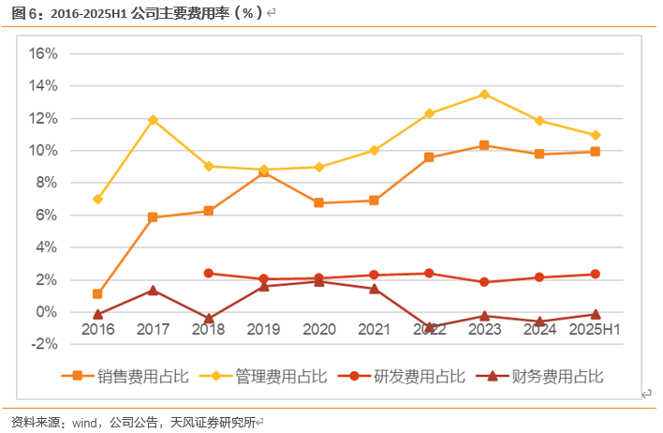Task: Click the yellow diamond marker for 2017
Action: click(153, 120)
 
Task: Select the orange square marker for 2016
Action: click(97, 294)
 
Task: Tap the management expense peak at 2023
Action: click(484, 94)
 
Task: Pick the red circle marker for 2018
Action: click(208, 274)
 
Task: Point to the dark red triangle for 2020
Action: click(318, 281)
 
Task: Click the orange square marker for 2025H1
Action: click(595, 151)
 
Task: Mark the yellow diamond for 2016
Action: click(97, 200)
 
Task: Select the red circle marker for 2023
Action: click(484, 282)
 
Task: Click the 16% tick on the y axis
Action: click(43, 53)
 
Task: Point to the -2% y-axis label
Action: click(43, 344)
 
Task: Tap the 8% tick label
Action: click(47, 183)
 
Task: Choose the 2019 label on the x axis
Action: click(263, 330)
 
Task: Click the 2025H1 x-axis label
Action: click(595, 330)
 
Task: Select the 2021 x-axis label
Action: click(374, 330)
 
